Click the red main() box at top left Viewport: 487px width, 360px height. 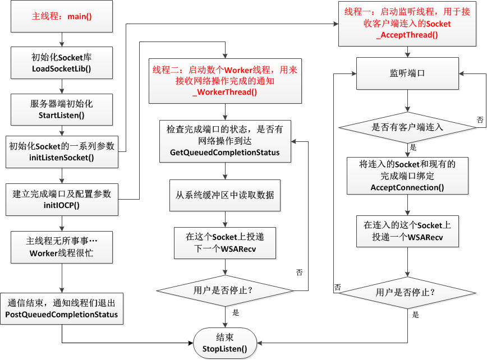62,17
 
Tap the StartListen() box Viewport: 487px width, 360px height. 62,109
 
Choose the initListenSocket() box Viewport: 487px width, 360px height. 62,151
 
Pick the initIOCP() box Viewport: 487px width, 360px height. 62,199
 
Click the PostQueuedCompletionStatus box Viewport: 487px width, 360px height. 62,308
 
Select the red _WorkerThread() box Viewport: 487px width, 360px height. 225,81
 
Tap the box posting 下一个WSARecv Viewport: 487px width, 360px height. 225,243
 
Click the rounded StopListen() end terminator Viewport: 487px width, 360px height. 224,343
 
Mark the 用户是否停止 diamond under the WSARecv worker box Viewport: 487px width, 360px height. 225,290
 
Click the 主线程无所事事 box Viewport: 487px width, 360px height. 62,247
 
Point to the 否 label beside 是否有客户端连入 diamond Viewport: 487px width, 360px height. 480,119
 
